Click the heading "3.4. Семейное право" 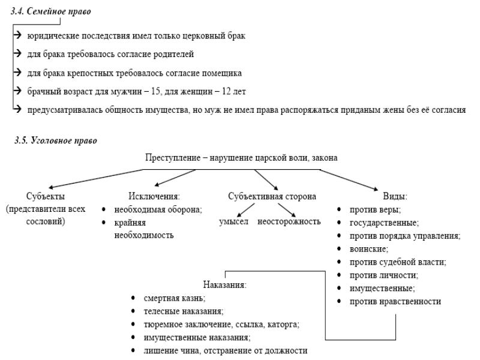[x=51, y=11]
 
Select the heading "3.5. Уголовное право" [x=56, y=140]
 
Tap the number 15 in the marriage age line [x=155, y=91]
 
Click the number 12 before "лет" [x=226, y=91]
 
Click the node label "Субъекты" [x=46, y=196]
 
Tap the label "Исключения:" [x=154, y=196]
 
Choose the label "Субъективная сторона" [x=272, y=196]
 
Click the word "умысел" [x=233, y=221]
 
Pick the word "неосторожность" [x=289, y=221]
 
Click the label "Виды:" [x=395, y=196]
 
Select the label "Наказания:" [x=224, y=285]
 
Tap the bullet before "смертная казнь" [x=133, y=298]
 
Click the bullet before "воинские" [x=339, y=248]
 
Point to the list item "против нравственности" [x=395, y=302]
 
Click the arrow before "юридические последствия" [x=17, y=35]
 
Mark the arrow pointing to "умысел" [x=246, y=210]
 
